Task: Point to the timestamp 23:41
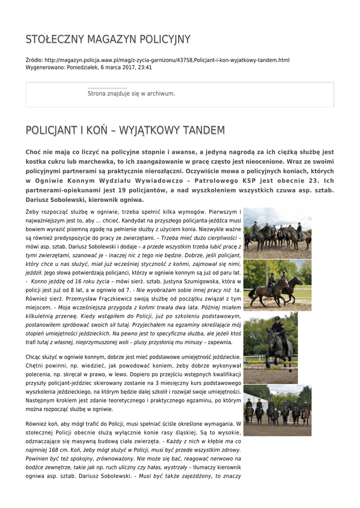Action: [145, 67]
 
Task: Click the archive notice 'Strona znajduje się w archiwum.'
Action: [131, 93]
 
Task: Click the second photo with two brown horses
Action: [277, 285]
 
